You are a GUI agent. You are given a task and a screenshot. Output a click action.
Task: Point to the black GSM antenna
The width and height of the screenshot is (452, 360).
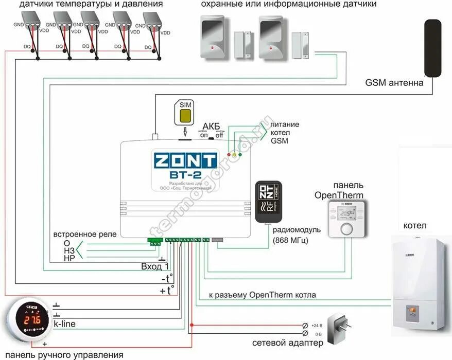click(432, 47)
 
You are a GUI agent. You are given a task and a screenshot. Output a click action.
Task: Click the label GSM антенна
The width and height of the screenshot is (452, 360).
click(394, 82)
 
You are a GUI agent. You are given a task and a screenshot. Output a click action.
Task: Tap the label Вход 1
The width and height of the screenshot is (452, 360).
click(155, 266)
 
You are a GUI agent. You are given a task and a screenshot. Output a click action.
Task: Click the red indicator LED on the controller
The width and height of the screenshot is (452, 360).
click(229, 154)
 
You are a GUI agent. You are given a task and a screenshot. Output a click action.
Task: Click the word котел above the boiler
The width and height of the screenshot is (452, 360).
click(415, 225)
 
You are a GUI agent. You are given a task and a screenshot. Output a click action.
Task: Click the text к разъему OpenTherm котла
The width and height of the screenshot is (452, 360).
click(262, 295)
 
